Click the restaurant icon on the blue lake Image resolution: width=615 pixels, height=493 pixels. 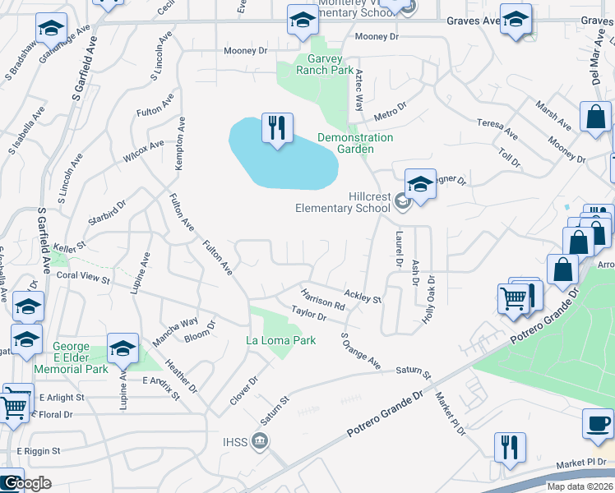pos(277,128)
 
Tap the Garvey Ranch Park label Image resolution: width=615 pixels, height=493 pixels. pos(318,64)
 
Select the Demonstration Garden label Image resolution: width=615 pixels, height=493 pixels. pos(355,143)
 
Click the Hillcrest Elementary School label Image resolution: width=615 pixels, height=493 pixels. pos(344,202)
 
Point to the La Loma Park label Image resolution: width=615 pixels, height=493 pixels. pos(281,340)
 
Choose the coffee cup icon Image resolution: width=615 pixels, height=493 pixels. pos(598,425)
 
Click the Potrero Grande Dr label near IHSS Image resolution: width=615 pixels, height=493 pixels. pos(384,415)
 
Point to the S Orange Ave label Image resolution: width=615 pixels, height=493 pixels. pos(361,351)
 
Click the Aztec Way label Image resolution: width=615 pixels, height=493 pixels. pos(358,90)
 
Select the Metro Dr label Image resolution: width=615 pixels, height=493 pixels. pos(391,109)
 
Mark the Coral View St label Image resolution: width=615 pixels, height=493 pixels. pos(83,279)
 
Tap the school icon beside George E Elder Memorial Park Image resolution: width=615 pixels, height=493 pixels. pos(123,349)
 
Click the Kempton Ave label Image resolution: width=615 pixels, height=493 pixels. pos(179,144)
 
